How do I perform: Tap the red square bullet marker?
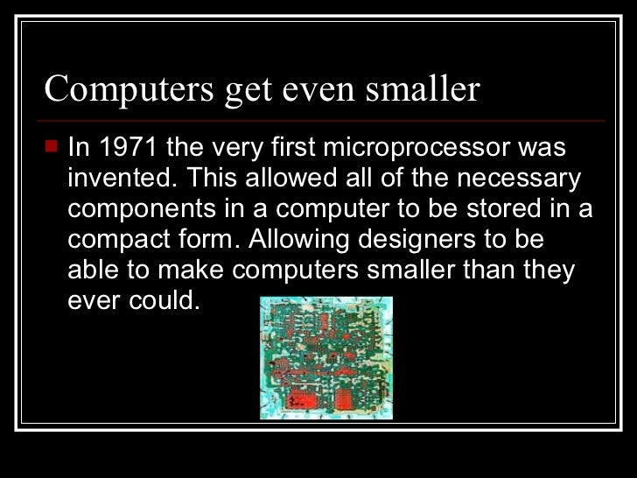(51, 145)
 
